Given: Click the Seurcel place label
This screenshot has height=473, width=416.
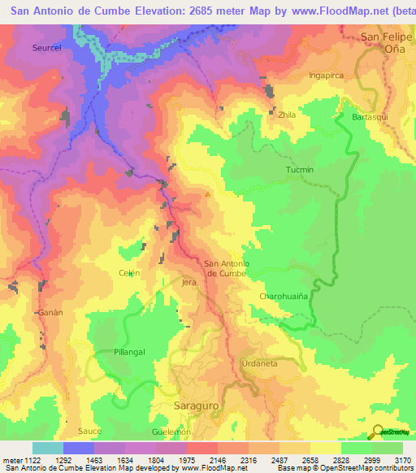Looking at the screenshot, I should click(x=47, y=48).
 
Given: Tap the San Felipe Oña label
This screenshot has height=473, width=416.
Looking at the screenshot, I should click(x=383, y=42).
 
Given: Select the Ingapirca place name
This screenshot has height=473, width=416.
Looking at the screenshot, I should click(x=327, y=76).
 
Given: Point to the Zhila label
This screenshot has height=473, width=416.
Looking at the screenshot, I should click(x=287, y=115).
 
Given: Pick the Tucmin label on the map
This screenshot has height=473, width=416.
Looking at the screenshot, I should click(x=300, y=170).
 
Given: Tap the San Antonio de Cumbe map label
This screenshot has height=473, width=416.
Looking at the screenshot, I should click(x=225, y=267).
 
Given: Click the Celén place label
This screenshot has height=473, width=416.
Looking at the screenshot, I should click(x=130, y=273).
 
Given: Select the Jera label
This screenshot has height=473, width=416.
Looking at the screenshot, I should click(x=189, y=283).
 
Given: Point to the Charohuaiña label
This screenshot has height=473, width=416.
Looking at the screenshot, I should click(x=284, y=297).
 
